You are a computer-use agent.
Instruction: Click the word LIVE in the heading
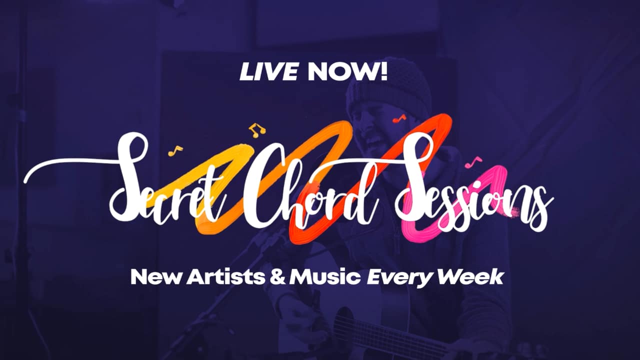coord(269,71)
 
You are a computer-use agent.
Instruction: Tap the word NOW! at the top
coord(347,71)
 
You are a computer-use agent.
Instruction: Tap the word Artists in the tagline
coord(225,277)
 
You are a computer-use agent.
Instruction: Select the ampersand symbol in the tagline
coord(277,277)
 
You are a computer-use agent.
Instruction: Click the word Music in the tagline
coord(325,277)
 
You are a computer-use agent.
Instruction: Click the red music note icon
coord(399,118)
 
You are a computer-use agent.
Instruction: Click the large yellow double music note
coord(257,130)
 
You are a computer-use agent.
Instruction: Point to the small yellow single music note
coord(175,151)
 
